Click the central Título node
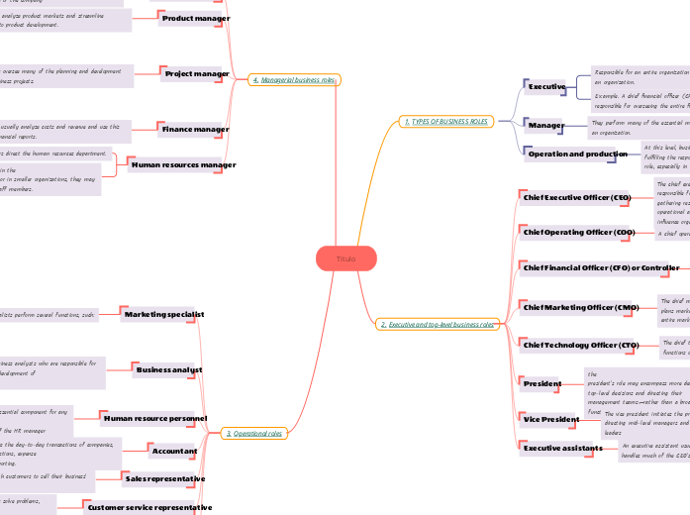345,258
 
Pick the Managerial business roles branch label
294,79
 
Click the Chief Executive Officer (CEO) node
576,197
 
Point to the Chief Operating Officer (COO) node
578,232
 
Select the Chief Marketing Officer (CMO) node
580,307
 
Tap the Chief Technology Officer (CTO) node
580,345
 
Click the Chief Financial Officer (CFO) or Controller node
601,267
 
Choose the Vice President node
551,419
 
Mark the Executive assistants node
562,448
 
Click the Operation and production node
578,154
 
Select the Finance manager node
196,129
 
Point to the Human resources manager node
183,164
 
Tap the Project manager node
197,73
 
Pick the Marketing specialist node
163,313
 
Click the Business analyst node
169,368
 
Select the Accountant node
174,451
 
